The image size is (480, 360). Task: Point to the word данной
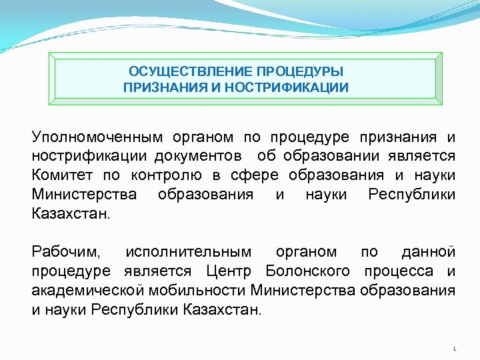[x=429, y=252]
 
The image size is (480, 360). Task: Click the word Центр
[x=229, y=271]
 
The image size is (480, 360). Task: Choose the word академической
[x=87, y=290]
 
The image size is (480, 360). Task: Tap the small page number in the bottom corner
[x=455, y=349]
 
